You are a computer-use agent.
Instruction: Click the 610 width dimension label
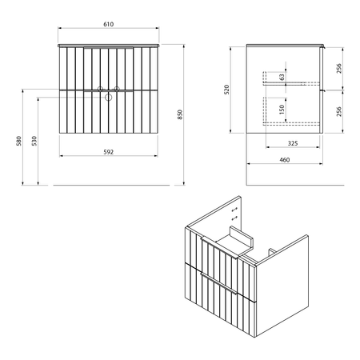pos(109,24)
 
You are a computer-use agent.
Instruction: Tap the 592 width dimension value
pos(109,152)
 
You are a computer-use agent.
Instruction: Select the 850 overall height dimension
pos(180,114)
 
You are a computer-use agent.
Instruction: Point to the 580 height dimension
pos(18,141)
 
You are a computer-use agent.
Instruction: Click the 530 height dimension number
pos(34,141)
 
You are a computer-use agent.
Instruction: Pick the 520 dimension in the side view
pos(226,90)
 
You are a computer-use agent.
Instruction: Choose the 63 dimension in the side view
pos(282,78)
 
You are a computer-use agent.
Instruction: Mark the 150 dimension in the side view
pos(282,110)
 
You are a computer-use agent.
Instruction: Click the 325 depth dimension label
pos(293,143)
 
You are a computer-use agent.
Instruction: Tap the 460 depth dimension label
pos(285,160)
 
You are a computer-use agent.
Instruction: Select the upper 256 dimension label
pos(339,69)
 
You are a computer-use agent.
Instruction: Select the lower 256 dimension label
pos(339,111)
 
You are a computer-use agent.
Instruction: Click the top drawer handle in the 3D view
pos(219,247)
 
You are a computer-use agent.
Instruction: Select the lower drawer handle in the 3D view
pos(218,283)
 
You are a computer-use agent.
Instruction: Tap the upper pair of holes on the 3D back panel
pos(234,210)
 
